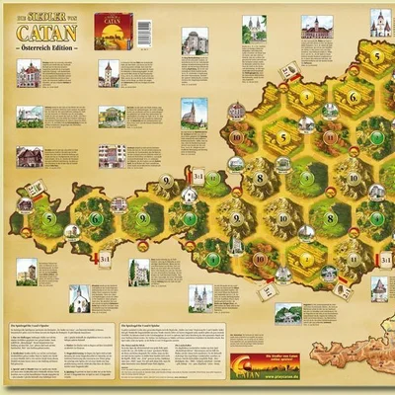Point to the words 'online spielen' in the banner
click(292, 363)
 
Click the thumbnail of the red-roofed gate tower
click(109, 72)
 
